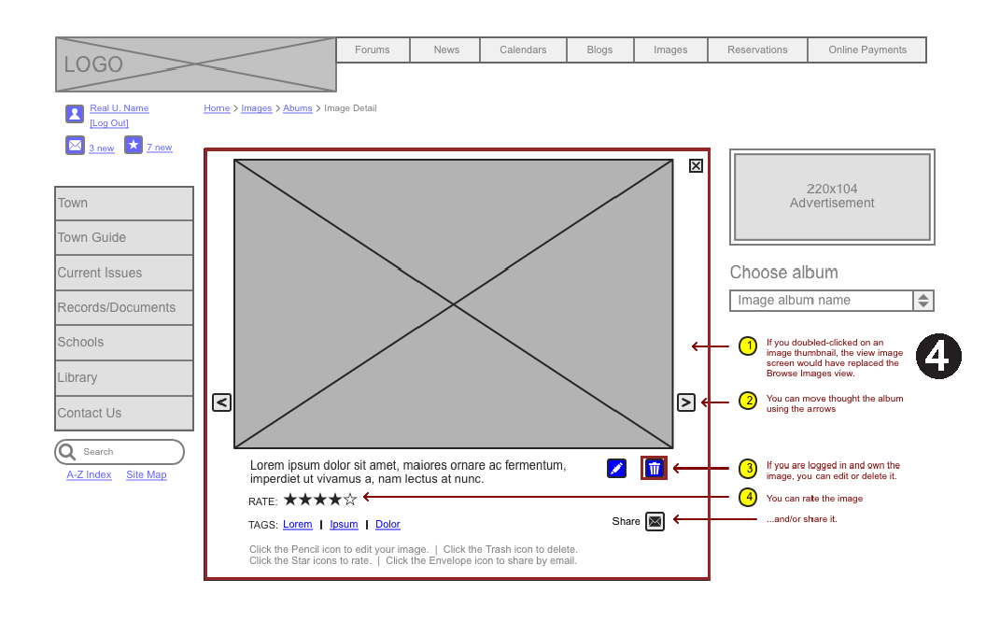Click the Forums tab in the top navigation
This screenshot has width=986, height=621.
(373, 49)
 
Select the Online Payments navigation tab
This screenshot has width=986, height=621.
(867, 49)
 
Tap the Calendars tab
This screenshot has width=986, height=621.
(523, 49)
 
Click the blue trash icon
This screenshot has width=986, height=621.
(654, 468)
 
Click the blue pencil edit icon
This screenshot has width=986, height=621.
(616, 468)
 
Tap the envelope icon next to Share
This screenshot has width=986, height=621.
(655, 522)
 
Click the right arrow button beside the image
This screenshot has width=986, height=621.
(686, 402)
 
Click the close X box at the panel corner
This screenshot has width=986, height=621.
(696, 165)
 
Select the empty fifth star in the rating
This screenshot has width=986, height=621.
(350, 500)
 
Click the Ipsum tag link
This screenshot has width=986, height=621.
(344, 524)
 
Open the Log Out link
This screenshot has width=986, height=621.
(109, 123)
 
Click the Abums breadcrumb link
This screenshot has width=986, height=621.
(298, 108)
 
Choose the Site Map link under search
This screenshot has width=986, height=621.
(147, 474)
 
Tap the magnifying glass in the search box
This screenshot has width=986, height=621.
(66, 452)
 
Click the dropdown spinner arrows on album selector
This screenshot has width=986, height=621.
(923, 301)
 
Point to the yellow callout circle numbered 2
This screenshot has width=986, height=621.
(748, 401)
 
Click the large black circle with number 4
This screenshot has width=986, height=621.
(938, 356)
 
